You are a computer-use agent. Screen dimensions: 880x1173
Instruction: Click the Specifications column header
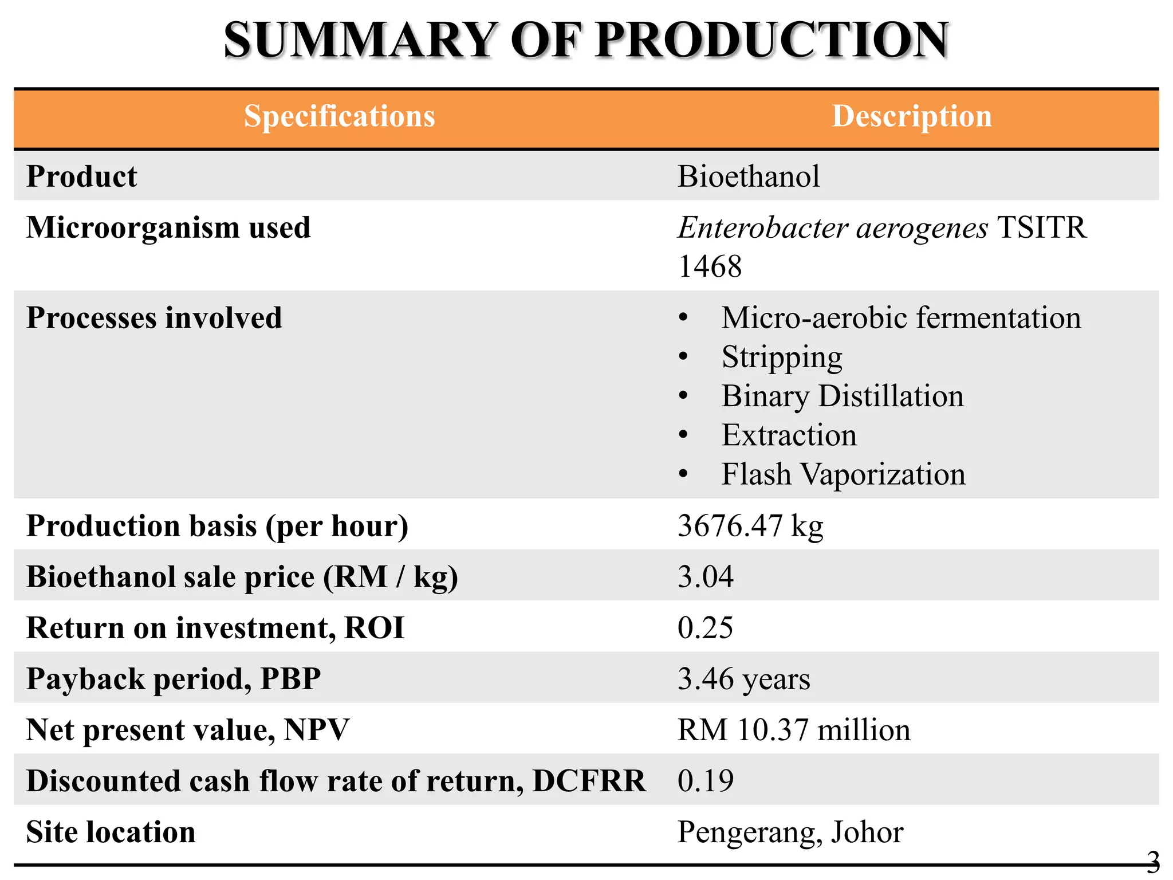(340, 116)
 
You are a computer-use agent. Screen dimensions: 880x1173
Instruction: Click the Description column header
(911, 116)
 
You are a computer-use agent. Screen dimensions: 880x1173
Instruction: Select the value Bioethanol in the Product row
(749, 176)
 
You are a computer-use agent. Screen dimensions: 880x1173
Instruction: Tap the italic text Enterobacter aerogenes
(833, 228)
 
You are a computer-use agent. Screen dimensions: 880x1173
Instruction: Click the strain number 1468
(710, 266)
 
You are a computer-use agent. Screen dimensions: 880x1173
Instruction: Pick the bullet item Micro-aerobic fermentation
(901, 318)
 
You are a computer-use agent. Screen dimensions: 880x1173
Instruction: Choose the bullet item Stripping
(782, 357)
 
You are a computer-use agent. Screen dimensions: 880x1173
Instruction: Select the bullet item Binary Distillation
(843, 396)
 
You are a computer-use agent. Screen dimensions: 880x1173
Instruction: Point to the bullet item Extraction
(789, 435)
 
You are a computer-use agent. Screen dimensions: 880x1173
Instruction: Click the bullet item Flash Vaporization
(843, 474)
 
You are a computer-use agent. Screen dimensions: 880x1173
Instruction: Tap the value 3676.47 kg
(750, 525)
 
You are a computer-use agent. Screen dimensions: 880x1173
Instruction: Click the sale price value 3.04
(706, 576)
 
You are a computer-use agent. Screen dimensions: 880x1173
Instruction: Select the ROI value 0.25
(705, 627)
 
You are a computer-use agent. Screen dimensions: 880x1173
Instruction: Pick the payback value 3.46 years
(744, 679)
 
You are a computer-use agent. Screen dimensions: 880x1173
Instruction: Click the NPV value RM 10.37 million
(794, 730)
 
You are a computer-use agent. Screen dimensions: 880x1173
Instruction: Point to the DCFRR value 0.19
(705, 781)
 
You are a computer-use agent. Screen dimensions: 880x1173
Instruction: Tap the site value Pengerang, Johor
(790, 832)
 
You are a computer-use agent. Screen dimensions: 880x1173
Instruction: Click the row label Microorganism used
(168, 227)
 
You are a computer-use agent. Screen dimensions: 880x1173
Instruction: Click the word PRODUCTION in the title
(772, 40)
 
